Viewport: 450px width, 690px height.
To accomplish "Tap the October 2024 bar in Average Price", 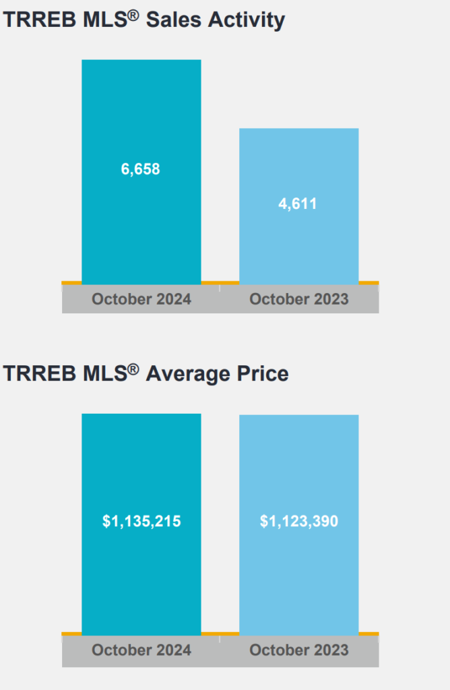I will pyautogui.click(x=141, y=458).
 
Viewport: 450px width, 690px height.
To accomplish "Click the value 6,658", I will pyautogui.click(x=141, y=169).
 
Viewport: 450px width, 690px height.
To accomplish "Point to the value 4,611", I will pyautogui.click(x=298, y=203).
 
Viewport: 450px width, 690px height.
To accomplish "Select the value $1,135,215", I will pyautogui.click(x=141, y=521).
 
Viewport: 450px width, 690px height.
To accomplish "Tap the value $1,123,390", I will pyautogui.click(x=299, y=521).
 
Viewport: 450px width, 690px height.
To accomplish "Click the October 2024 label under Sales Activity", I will pyautogui.click(x=141, y=299).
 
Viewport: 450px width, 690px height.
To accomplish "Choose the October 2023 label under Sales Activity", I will pyautogui.click(x=299, y=299).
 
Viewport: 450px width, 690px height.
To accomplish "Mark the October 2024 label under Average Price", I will pyautogui.click(x=141, y=650).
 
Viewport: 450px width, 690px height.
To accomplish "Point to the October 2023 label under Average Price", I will pyautogui.click(x=299, y=650).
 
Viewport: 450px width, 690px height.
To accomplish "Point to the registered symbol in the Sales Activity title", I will pyautogui.click(x=134, y=14).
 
